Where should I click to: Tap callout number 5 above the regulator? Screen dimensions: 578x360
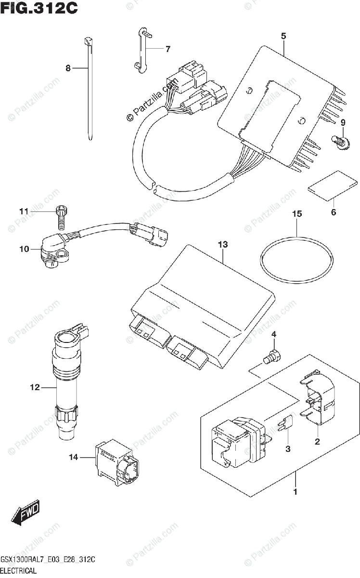point(283,36)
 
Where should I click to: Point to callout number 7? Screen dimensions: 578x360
point(167,49)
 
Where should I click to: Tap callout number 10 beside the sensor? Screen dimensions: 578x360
point(24,249)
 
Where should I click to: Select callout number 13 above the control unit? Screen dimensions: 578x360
point(222,245)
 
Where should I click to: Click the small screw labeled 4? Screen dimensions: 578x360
point(272,357)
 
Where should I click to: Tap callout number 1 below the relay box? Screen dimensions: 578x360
point(296,492)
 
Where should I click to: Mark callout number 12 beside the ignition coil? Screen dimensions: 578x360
point(34,387)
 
